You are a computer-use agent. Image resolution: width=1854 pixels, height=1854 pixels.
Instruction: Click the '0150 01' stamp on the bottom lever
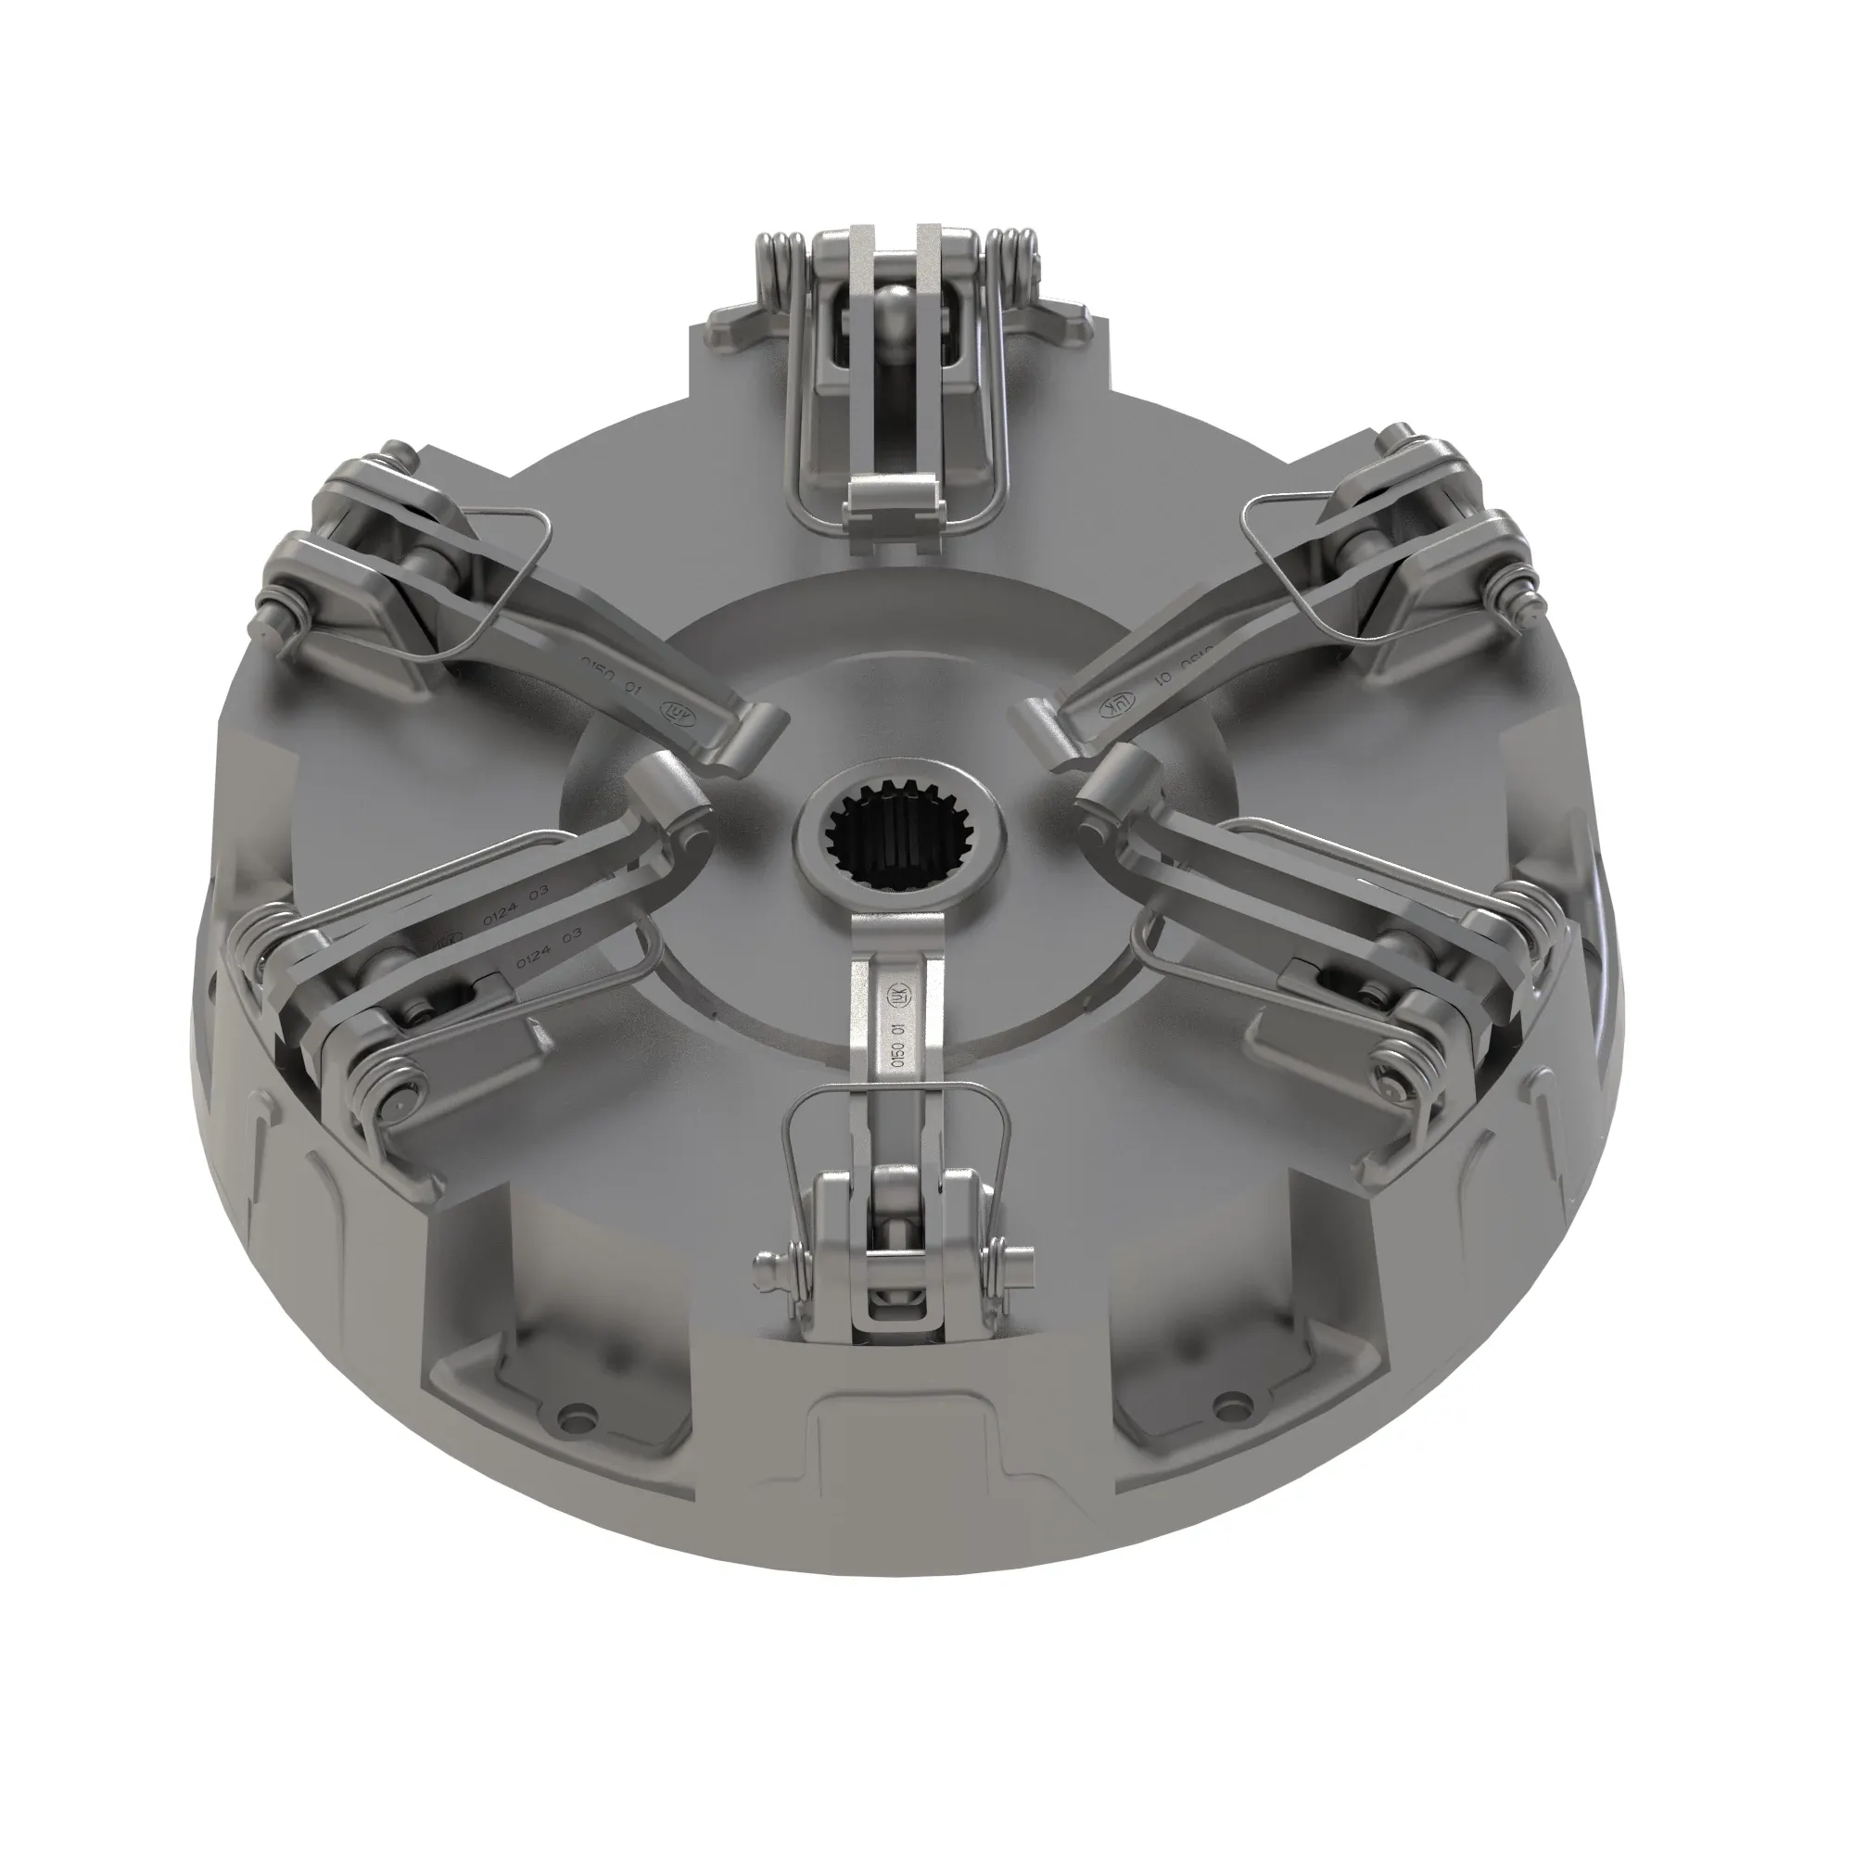pos(898,1046)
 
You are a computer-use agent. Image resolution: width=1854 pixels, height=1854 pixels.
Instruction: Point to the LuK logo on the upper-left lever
pos(674,713)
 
